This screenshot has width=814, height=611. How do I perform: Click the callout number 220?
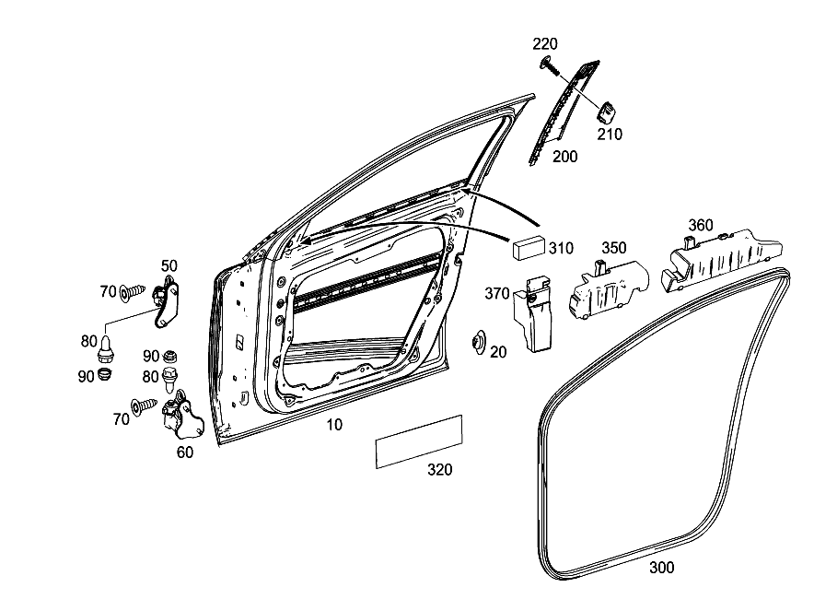click(545, 43)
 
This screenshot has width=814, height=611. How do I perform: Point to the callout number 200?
click(564, 157)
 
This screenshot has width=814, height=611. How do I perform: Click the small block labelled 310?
click(529, 247)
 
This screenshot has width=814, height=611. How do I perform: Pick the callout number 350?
click(614, 248)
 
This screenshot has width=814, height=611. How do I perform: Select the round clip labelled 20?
click(478, 343)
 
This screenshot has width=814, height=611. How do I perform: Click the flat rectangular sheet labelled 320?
click(419, 441)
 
